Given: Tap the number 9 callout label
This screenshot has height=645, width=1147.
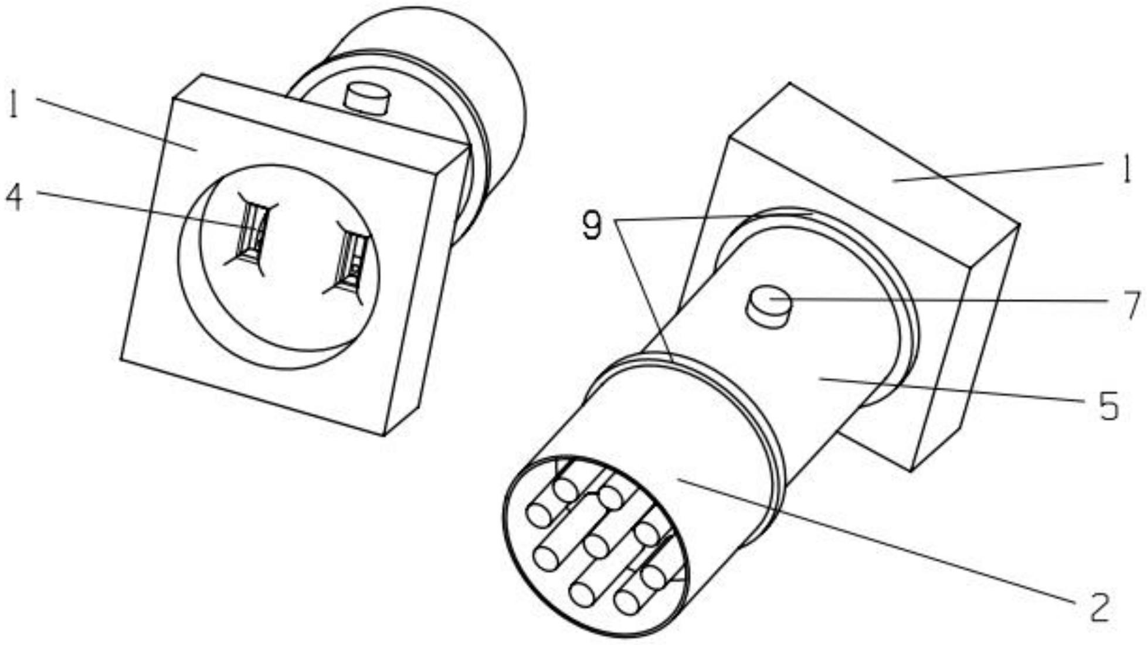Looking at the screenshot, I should tap(592, 225).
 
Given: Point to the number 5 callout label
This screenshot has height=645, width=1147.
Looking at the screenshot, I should tap(1108, 406).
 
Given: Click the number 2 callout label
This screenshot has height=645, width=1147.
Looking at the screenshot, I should tap(1100, 607).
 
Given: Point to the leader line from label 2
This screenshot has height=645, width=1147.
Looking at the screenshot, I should tap(880, 542).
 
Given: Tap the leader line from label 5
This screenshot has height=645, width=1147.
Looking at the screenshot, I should tap(950, 390).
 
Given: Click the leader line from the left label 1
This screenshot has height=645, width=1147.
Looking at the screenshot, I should tap(117, 124).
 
